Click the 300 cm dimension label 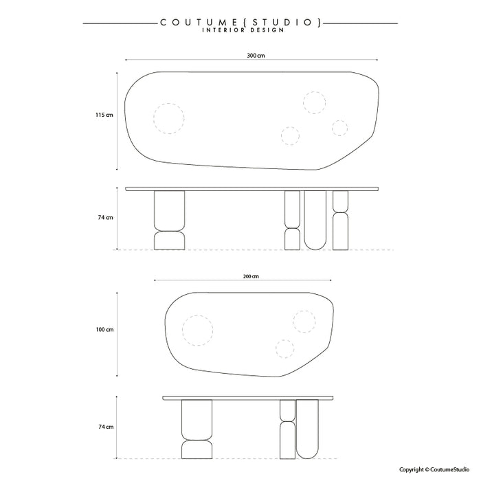256,56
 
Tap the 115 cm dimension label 104,115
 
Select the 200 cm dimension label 251,276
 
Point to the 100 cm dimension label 104,330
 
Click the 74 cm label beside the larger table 106,218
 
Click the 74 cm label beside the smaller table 106,427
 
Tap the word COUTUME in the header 199,23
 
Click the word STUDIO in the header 282,23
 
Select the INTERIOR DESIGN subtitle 243,30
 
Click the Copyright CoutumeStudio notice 434,469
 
